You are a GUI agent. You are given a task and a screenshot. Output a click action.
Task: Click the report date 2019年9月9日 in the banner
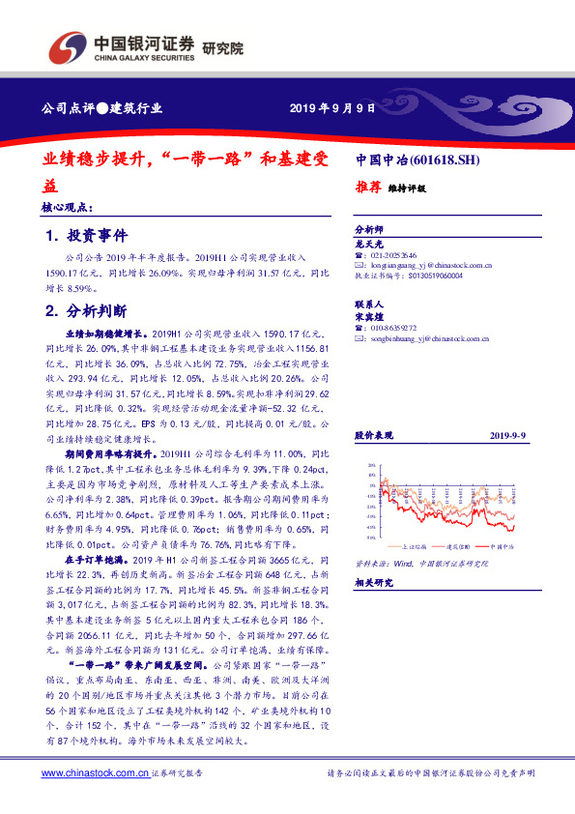332,107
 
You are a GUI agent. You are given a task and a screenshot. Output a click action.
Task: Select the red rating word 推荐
368,189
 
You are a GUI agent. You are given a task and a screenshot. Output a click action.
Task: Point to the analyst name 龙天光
369,246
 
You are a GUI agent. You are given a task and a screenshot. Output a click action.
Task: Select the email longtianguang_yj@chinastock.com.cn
431,264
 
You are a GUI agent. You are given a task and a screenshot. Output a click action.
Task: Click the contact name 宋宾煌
369,316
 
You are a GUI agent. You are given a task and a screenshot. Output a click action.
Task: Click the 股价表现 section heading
373,438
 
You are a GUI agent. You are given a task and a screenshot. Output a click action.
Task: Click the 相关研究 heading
373,583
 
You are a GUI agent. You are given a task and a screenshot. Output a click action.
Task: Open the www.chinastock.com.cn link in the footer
96,772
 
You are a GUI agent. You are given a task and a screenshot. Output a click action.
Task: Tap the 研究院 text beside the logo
223,47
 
